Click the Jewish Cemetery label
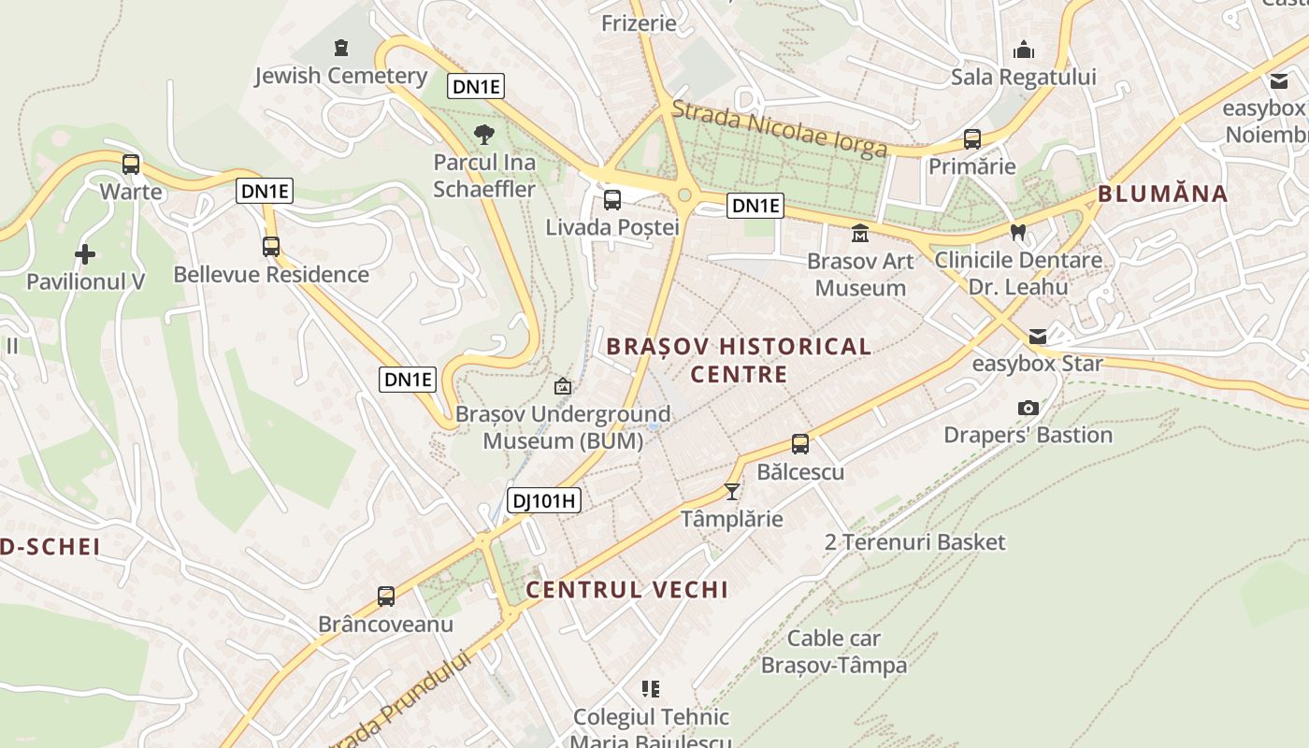point(340,76)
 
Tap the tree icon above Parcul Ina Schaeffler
point(484,135)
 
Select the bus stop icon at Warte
point(131,165)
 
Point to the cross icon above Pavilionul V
point(85,253)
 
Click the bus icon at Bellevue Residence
point(271,247)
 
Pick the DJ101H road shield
point(544,501)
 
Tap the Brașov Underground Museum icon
point(563,386)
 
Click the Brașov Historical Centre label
point(739,360)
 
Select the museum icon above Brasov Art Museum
point(860,233)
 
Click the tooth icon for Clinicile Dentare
point(1018,231)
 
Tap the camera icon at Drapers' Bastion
point(1028,409)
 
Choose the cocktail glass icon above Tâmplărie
point(732,491)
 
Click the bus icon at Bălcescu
point(800,444)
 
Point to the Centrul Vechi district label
point(626,590)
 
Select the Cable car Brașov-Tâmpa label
point(834,652)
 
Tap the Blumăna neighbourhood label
point(1162,194)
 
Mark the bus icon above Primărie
point(972,140)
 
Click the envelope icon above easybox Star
point(1038,337)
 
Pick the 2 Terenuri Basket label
point(915,542)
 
